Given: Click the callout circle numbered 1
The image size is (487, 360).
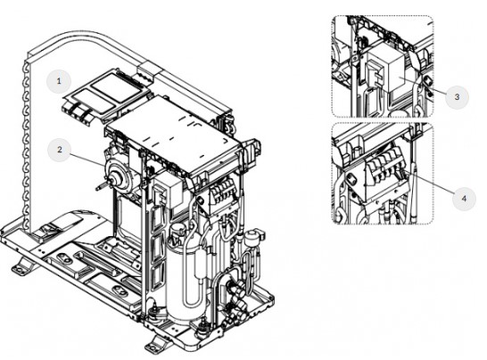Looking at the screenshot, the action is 59,81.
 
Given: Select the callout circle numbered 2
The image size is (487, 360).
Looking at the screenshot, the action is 60,150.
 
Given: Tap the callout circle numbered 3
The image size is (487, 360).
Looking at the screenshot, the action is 457,97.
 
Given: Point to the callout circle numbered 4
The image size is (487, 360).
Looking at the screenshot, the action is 464,199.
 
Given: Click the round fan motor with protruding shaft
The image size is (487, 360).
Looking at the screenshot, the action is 119,175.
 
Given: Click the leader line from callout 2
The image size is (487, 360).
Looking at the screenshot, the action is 88,160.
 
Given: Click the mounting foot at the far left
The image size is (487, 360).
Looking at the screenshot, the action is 23,267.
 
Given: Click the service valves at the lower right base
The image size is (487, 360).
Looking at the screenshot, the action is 237,298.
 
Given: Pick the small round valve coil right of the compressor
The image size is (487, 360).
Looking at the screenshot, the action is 254,237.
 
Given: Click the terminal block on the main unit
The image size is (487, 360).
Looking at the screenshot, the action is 222,190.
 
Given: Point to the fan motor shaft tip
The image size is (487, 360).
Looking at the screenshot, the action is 97,188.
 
